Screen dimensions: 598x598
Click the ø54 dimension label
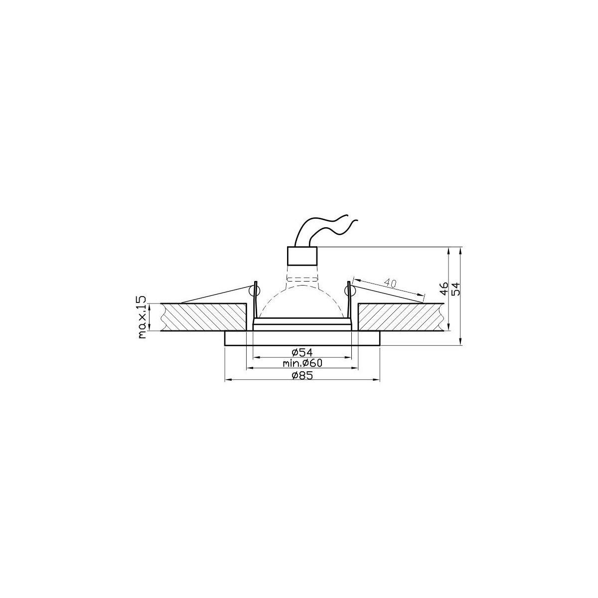[302, 352]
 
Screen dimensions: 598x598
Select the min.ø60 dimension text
[302, 363]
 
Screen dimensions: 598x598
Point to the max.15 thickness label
[142, 317]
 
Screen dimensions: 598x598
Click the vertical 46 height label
[444, 289]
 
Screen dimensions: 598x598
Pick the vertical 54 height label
[456, 289]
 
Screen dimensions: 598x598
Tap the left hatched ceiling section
[204, 317]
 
